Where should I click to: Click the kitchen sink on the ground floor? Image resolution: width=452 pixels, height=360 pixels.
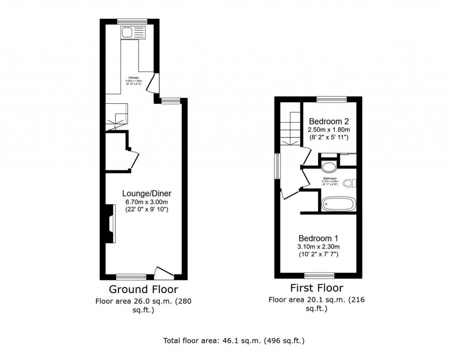133,32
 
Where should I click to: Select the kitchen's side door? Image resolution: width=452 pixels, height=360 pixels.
151,82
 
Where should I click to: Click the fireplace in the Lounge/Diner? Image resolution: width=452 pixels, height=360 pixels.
109,224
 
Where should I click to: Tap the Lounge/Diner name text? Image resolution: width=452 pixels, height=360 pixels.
147,193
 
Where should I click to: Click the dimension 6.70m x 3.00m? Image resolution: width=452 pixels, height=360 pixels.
147,201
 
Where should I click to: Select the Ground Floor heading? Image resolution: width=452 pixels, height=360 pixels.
143,289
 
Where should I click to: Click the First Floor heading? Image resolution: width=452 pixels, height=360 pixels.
316,288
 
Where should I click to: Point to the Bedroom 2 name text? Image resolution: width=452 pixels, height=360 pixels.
329,121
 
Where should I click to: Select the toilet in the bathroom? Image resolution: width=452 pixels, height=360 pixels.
350,183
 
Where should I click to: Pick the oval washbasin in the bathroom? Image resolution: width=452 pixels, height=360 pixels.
329,167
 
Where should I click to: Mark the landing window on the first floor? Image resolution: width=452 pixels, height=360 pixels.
278,166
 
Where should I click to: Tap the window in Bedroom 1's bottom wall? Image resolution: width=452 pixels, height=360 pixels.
319,276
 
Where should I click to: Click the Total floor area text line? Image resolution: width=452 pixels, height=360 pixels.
234,341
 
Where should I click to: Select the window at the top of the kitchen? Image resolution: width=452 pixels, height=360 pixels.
132,20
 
